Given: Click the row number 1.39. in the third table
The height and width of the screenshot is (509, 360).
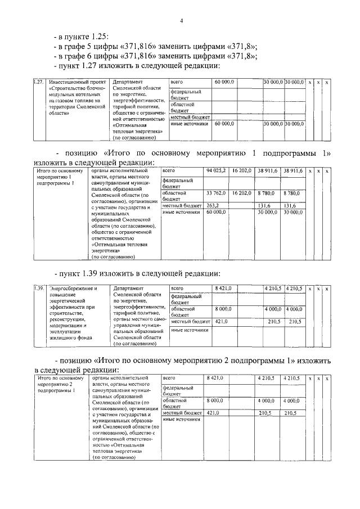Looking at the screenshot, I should click(x=38, y=288).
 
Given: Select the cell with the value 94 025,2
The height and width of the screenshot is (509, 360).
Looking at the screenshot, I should click(x=216, y=170).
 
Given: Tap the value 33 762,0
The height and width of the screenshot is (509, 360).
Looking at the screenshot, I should click(x=216, y=193).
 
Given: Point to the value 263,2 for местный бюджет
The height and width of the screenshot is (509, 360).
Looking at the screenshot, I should click(x=213, y=205).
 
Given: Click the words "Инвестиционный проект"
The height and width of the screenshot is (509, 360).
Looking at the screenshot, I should click(x=70, y=82).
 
